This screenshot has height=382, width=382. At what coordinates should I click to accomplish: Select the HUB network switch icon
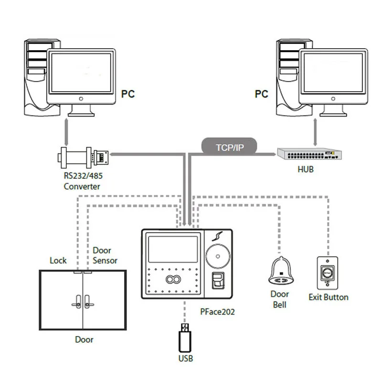click(309, 154)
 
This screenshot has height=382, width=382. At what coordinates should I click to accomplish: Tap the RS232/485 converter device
click(83, 158)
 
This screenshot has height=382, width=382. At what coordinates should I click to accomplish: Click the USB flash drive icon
click(185, 338)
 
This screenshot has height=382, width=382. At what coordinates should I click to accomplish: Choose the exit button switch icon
click(328, 273)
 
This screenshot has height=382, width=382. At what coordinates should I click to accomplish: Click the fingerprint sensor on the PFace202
click(218, 280)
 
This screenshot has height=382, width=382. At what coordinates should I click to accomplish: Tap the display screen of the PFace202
click(173, 249)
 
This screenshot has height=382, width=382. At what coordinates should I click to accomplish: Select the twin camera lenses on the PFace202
click(173, 279)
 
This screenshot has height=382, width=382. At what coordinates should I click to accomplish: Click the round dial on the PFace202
click(218, 256)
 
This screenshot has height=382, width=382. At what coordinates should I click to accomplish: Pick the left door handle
click(77, 302)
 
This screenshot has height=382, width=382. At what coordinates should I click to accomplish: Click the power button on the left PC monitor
click(81, 99)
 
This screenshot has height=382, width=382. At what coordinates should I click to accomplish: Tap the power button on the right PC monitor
click(333, 99)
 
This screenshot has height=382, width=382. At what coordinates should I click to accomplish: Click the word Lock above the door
click(58, 260)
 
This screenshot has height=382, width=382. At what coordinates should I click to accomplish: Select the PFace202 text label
click(217, 312)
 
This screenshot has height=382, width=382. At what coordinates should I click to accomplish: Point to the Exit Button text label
click(329, 297)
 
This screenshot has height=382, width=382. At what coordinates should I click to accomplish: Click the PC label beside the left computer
click(128, 94)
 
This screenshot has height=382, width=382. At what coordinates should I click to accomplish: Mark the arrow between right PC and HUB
click(315, 132)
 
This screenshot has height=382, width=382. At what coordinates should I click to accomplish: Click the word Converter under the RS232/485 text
click(82, 187)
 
